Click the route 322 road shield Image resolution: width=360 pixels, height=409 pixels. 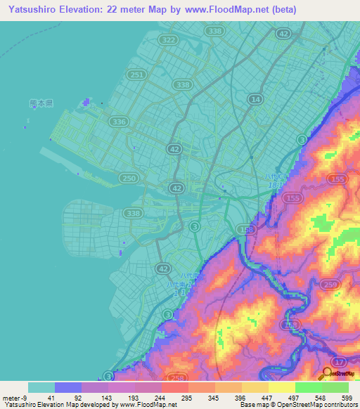(x=168, y=41)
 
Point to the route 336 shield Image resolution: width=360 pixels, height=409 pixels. (x=120, y=122)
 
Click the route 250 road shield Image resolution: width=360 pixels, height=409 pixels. (x=128, y=178)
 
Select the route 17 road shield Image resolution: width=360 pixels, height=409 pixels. (x=341, y=361)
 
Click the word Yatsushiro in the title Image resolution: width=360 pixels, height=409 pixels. (x=34, y=10)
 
